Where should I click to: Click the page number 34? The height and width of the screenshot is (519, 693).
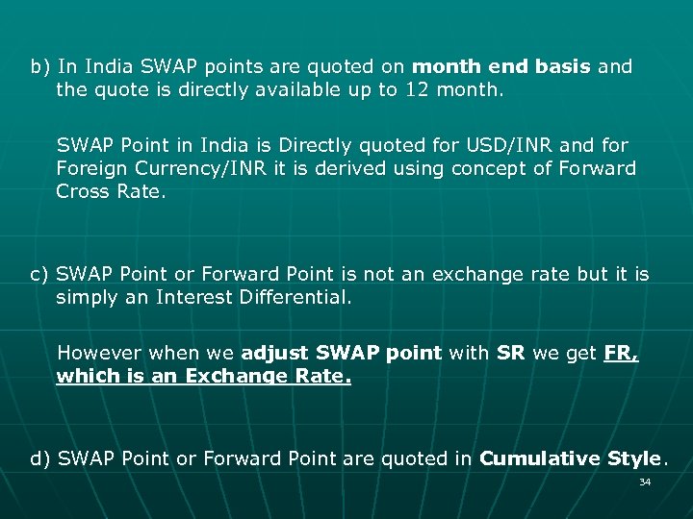click(645, 482)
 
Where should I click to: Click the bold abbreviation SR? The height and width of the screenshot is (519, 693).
click(510, 353)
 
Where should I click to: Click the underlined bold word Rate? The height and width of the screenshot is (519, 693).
click(325, 376)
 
